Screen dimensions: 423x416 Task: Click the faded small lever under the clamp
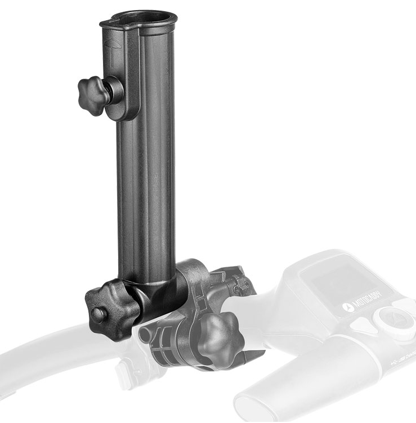[127, 368]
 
